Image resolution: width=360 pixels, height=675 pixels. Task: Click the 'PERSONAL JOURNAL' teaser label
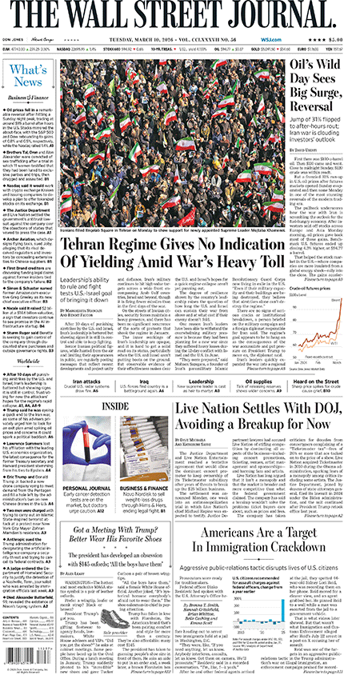coord(88,487)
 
